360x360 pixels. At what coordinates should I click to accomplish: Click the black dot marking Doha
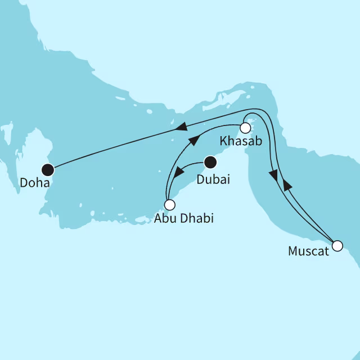pos(48,168)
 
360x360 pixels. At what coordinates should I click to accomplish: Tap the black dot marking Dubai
pos(210,163)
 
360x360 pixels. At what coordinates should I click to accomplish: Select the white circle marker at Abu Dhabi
pos(169,205)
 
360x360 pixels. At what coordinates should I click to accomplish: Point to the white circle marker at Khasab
pos(245,127)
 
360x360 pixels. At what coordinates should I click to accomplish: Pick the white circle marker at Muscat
pos(337,245)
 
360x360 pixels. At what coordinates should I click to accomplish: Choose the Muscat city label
pos(308,251)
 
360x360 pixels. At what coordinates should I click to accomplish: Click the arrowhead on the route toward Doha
pos(181,129)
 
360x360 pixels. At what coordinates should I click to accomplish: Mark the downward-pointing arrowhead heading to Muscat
pos(274,175)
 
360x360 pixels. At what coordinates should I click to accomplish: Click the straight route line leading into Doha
pos(112,150)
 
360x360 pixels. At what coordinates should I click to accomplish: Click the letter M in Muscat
pos(293,251)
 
